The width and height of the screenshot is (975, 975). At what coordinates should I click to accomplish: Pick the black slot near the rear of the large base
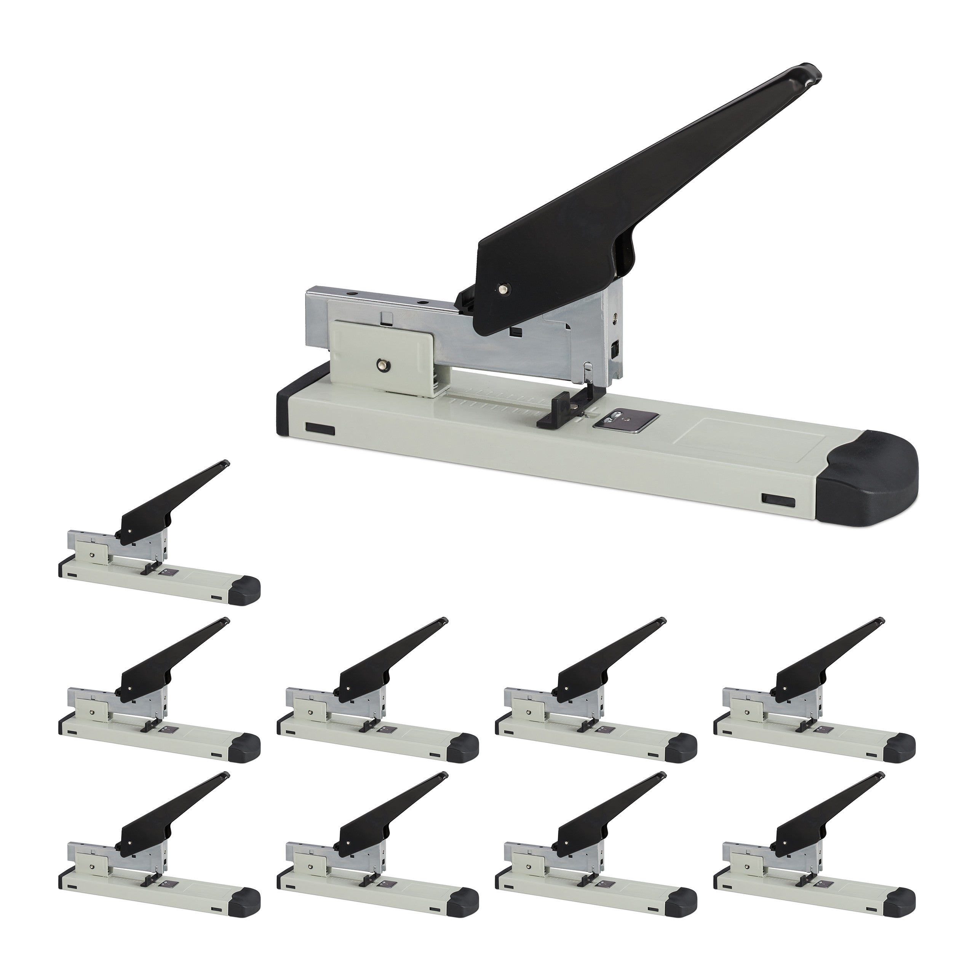click(x=320, y=414)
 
